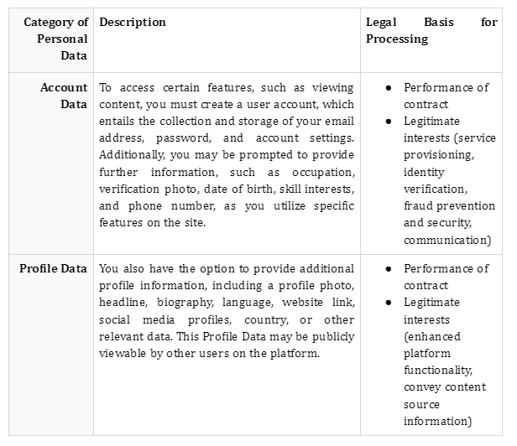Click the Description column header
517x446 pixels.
point(133,23)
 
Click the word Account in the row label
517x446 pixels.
point(64,88)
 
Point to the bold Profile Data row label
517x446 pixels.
point(54,269)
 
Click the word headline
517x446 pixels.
point(123,303)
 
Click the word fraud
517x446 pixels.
point(419,206)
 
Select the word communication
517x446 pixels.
point(447,241)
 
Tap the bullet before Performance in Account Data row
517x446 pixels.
point(389,88)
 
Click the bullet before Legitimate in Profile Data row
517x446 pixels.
point(389,303)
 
